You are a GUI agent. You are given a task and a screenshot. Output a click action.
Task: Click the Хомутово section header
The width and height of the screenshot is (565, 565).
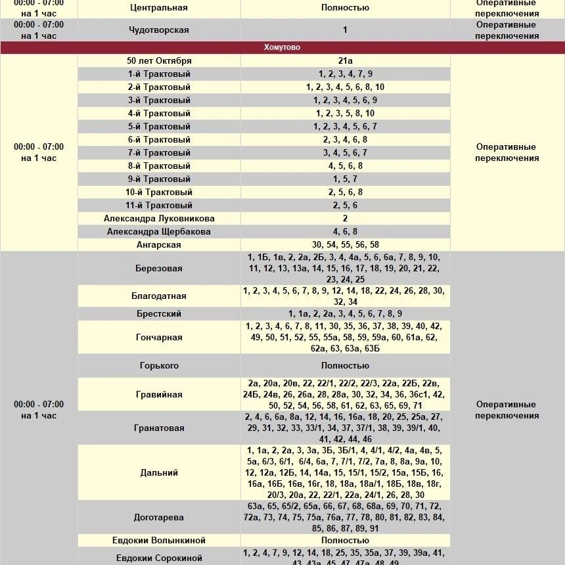[282, 47]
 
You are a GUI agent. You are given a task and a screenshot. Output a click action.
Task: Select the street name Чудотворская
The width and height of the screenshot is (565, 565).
[159, 30]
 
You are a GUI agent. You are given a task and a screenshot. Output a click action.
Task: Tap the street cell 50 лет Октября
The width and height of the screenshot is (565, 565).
[159, 60]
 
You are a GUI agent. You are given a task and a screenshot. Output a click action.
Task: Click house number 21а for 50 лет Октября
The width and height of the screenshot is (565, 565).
[345, 60]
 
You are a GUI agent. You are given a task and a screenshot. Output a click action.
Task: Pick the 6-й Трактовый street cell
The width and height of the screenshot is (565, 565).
[159, 139]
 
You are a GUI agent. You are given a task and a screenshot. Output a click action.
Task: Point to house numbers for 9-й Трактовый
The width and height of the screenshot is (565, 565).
[345, 179]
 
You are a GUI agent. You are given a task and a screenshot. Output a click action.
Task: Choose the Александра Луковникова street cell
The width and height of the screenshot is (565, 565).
[159, 218]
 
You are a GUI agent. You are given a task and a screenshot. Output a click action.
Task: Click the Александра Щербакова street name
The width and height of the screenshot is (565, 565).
[159, 231]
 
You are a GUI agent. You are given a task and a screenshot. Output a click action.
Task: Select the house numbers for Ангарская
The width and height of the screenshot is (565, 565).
[345, 244]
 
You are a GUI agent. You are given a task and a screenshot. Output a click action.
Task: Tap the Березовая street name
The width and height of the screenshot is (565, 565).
[159, 268]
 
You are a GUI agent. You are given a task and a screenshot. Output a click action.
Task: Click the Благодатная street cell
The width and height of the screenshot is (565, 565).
[159, 296]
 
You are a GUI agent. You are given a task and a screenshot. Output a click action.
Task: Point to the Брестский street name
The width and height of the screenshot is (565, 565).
[159, 313]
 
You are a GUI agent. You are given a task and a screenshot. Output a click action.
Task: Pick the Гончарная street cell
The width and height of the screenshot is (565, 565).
[159, 337]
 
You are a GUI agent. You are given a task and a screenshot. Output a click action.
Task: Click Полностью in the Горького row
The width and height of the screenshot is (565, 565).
[345, 365]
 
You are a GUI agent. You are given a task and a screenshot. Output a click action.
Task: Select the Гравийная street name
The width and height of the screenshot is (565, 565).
[159, 394]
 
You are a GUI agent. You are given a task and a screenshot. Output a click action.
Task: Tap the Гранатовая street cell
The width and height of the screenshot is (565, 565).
[159, 428]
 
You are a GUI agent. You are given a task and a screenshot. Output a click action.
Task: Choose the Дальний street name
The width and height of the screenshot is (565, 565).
[159, 472]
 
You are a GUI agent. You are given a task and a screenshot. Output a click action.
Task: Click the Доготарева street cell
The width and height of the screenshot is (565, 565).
[159, 517]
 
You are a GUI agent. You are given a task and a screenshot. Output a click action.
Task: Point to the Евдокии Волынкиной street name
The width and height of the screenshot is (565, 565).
[159, 540]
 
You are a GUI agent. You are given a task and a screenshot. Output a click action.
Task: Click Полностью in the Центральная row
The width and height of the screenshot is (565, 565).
[345, 8]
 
